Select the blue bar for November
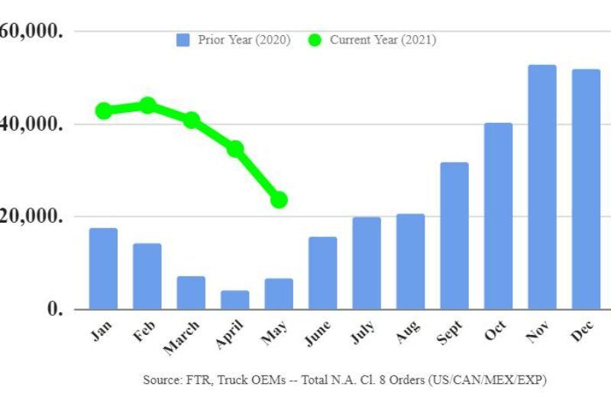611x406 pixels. [x=542, y=187]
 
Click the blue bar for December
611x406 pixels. [x=586, y=189]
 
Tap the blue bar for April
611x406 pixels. [x=235, y=300]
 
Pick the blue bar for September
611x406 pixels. [x=454, y=236]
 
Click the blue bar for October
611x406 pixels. [x=498, y=216]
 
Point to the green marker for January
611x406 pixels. [x=104, y=111]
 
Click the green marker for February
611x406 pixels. [x=147, y=105]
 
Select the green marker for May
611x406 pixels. [x=279, y=200]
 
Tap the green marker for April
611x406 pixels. [x=235, y=149]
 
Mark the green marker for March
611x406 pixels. [x=192, y=121]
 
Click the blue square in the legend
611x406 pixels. [x=183, y=40]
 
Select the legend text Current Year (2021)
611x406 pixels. [x=383, y=40]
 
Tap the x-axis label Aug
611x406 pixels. [x=408, y=333]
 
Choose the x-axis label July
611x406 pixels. [x=364, y=334]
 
